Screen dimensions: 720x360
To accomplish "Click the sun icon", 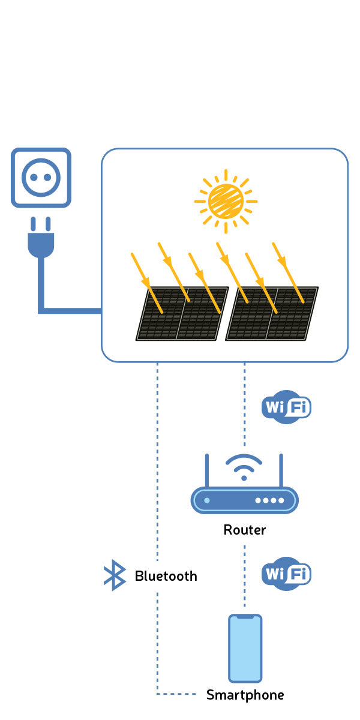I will (x=226, y=201).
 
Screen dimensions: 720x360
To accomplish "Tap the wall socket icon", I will (x=41, y=178).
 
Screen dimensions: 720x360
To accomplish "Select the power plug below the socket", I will (x=41, y=240).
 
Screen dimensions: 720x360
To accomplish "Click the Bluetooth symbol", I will (x=114, y=576).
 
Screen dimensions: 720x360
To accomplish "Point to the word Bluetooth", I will (x=166, y=576).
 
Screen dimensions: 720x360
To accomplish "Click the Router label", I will (x=244, y=530).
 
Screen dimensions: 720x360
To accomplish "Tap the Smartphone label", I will (x=245, y=695).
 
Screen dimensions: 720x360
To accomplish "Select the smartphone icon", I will (x=245, y=648).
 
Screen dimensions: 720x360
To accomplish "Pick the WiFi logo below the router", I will (x=287, y=574).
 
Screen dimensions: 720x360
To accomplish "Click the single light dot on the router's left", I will (x=207, y=500).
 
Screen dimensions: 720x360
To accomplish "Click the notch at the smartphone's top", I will (x=245, y=617).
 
